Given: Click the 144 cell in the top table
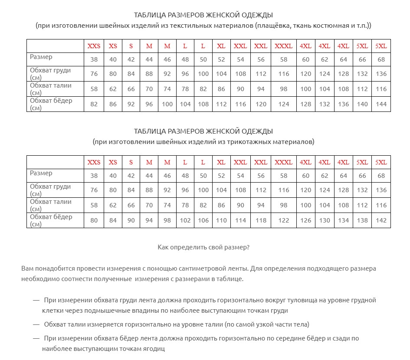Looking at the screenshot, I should (x=381, y=104).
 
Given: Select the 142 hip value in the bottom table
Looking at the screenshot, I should (x=381, y=220).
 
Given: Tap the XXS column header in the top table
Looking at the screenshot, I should (x=94, y=46).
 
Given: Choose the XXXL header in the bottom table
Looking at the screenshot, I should (x=284, y=162).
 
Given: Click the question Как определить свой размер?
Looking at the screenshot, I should (x=203, y=247).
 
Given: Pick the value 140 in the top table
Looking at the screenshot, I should (x=362, y=104).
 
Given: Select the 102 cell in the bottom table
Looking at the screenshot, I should (x=185, y=220).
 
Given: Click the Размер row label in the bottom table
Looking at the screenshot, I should (x=41, y=173).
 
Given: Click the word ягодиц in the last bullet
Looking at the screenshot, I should (x=155, y=349).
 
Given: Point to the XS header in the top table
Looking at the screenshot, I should (x=113, y=46).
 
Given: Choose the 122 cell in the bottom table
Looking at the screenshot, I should (x=284, y=220).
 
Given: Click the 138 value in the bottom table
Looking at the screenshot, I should (x=362, y=220).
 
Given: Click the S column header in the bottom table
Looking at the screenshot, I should (x=131, y=162).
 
